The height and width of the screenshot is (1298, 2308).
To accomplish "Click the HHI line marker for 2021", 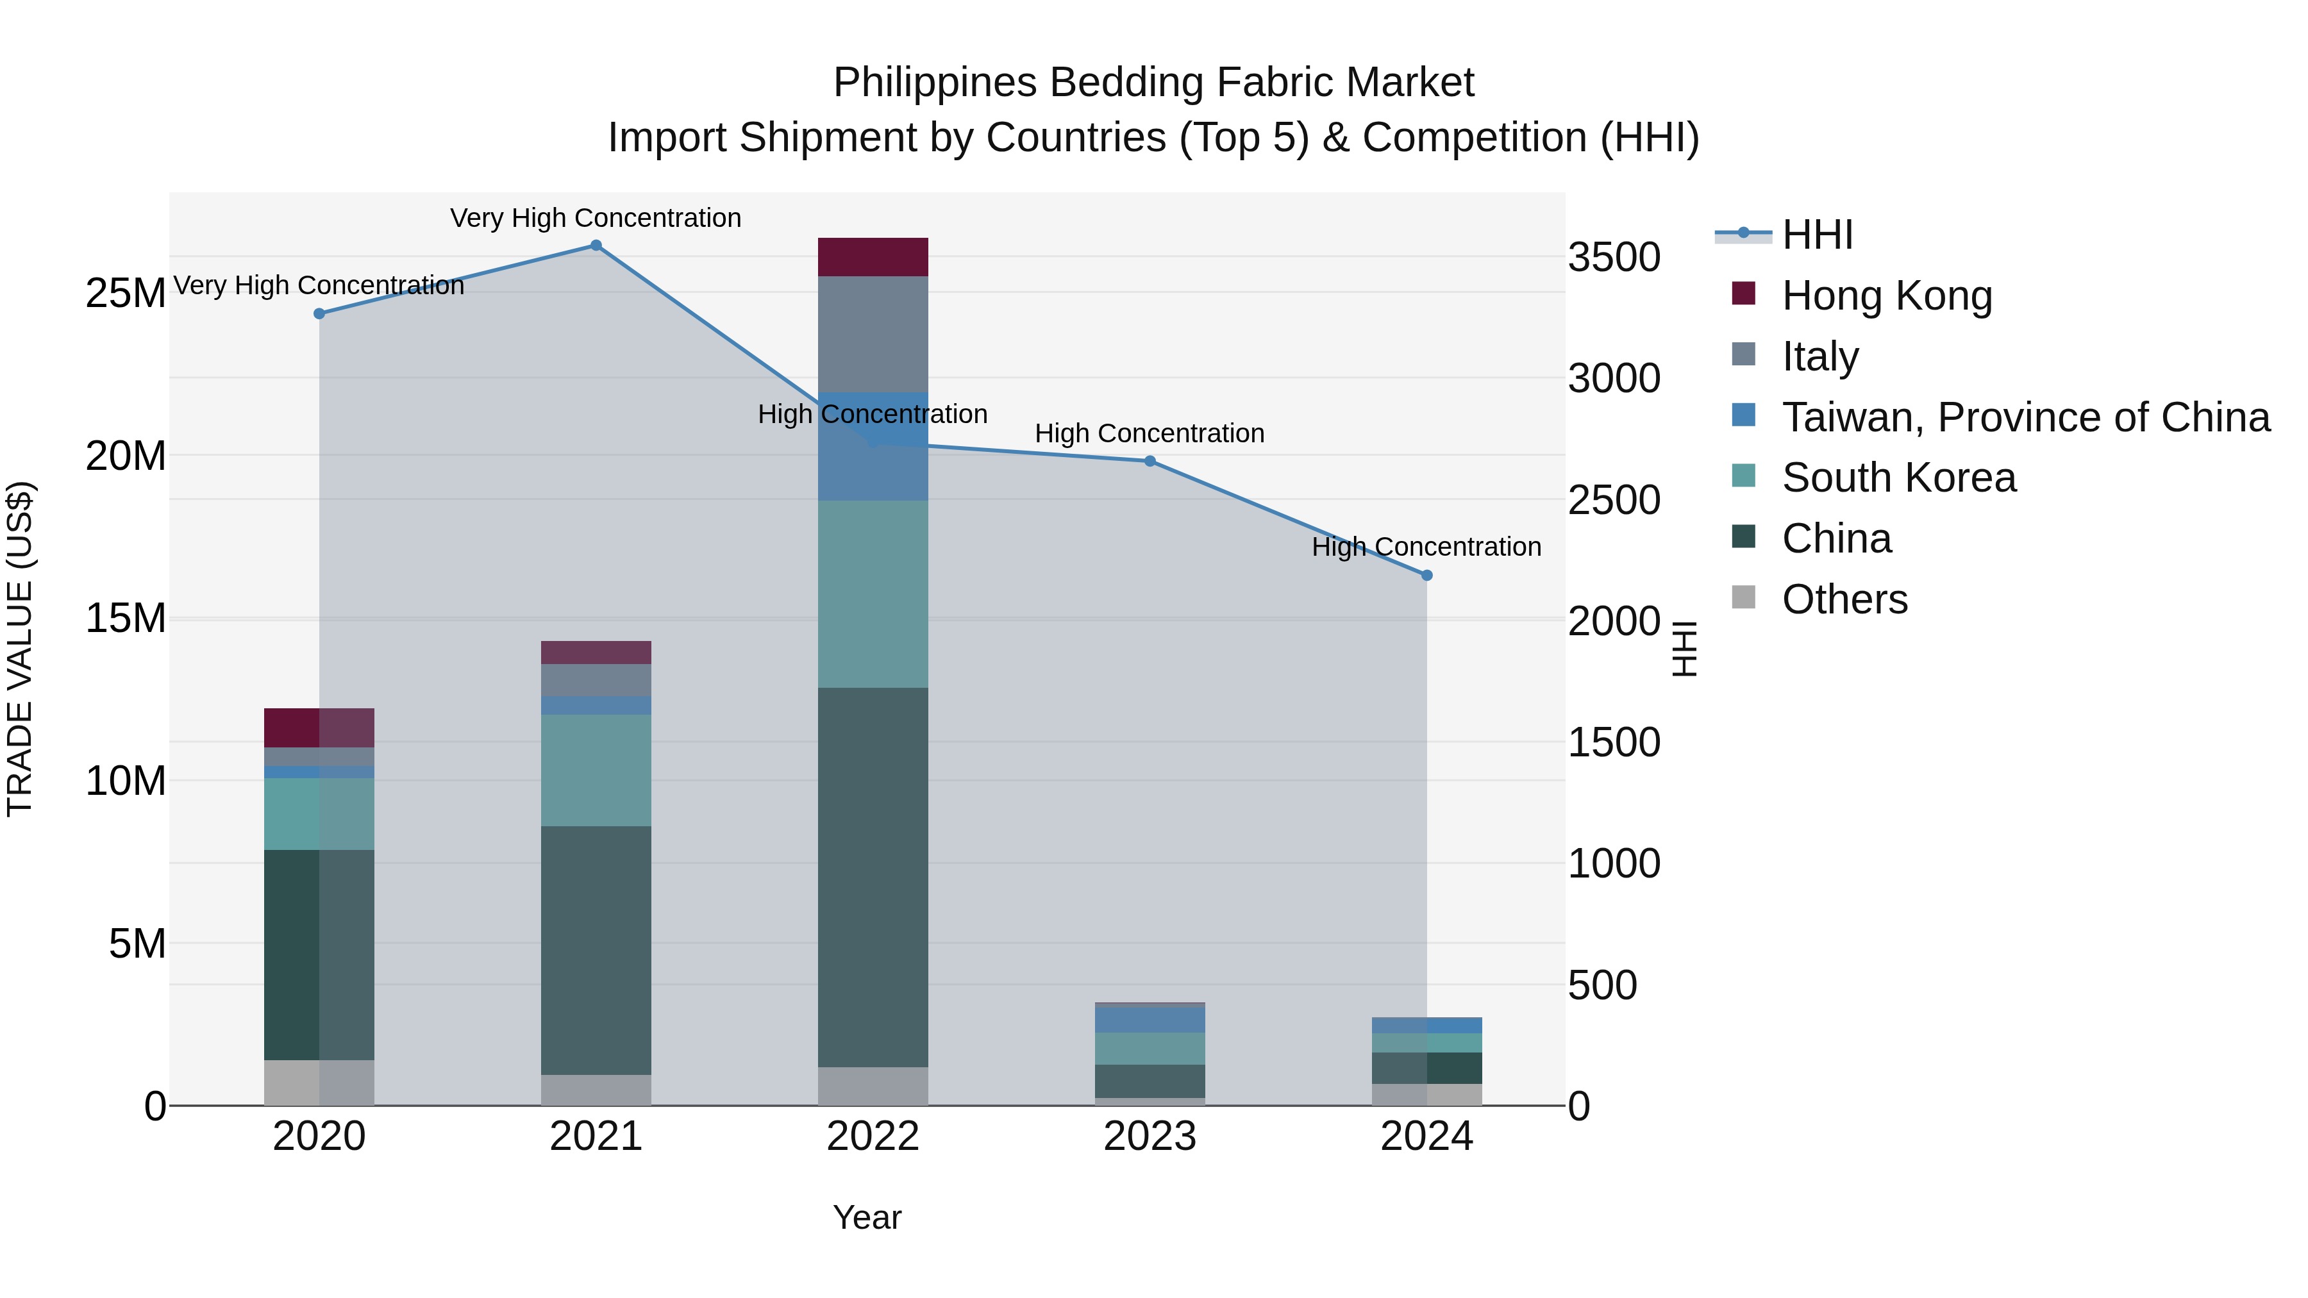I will tap(596, 245).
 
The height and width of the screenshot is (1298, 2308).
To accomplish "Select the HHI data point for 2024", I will tap(1426, 575).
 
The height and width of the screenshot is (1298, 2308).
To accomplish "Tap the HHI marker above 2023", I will tap(1150, 462).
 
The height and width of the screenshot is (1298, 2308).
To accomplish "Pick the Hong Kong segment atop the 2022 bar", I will tap(873, 257).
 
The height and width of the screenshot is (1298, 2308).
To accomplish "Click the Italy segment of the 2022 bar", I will tap(873, 334).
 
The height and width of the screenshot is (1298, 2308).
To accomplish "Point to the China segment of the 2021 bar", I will tap(596, 949).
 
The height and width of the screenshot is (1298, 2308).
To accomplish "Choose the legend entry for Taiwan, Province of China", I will tap(2025, 417).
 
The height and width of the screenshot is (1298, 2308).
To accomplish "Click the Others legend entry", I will tap(1844, 599).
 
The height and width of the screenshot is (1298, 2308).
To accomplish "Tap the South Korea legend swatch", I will tap(1744, 476).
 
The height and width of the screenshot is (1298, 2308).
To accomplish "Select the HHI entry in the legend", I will tap(1817, 235).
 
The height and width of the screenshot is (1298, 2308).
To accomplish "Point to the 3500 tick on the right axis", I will tap(1614, 258).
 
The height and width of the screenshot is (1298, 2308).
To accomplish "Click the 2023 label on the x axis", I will tap(1150, 1136).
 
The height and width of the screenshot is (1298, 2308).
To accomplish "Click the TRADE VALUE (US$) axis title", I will tap(20, 649).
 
